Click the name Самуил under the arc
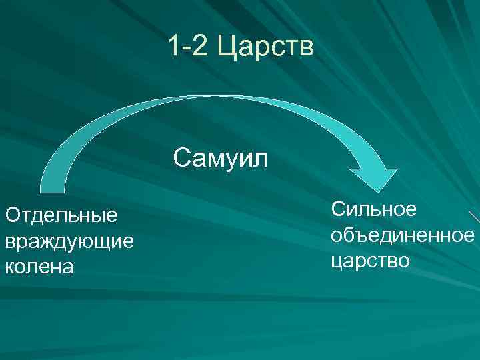220,159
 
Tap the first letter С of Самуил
181,159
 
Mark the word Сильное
374,209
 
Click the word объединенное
402,235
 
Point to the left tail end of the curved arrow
53,185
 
